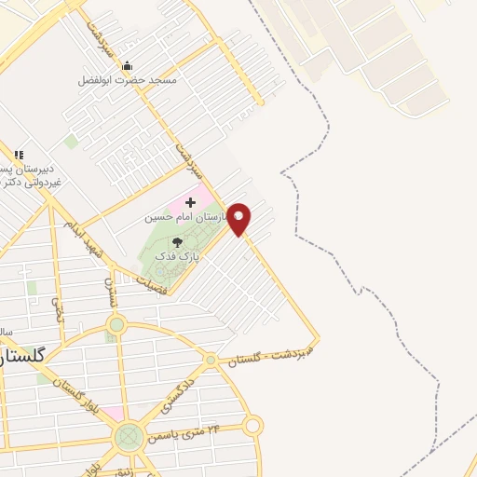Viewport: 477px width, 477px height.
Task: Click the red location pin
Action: click(239, 218)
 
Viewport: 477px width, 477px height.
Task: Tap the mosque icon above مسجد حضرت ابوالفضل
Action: click(128, 65)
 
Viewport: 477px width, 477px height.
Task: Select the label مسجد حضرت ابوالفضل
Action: click(128, 80)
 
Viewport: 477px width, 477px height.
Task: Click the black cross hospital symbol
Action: click(191, 202)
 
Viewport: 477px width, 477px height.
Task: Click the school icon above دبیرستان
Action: click(18, 155)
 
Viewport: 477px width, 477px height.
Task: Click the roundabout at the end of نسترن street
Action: click(116, 325)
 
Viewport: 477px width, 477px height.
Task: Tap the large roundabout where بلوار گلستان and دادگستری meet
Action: click(129, 436)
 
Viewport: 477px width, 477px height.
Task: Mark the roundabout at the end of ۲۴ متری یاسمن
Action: click(252, 427)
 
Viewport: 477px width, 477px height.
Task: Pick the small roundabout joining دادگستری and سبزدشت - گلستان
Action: click(211, 360)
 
